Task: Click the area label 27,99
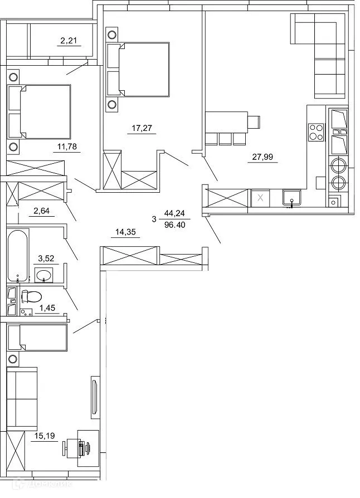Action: point(262,157)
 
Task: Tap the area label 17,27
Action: point(142,129)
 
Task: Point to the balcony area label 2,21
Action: point(71,40)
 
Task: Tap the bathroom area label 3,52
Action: point(47,258)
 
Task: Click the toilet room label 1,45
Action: point(47,308)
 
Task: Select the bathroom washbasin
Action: point(43,275)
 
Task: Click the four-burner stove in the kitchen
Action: point(316,131)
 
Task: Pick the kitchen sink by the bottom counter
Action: point(291,198)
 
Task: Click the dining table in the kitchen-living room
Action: point(226,121)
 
